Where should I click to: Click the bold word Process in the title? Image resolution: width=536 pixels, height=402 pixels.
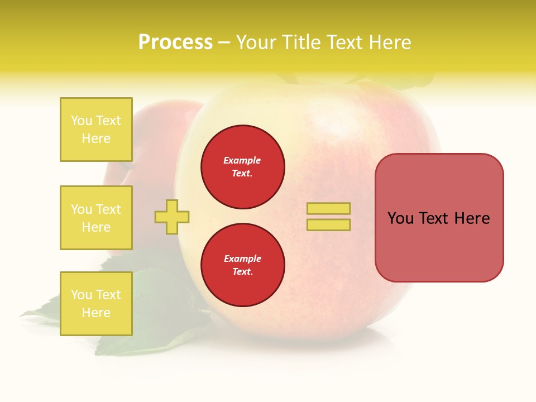tap(175, 42)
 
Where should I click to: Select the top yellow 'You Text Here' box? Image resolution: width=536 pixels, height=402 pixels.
tap(96, 130)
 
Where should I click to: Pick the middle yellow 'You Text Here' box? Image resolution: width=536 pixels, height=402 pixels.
tap(96, 218)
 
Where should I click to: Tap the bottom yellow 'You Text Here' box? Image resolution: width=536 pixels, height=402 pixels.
tap(96, 303)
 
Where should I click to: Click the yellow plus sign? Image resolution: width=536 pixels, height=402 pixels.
tap(172, 217)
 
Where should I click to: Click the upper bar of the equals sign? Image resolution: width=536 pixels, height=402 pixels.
tap(328, 208)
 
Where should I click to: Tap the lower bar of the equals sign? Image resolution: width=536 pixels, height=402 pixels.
tap(328, 224)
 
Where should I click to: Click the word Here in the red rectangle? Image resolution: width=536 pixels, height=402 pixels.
tap(472, 218)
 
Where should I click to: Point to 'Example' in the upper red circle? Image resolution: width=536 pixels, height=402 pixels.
tap(242, 160)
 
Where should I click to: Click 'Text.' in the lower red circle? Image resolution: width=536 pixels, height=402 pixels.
tap(242, 271)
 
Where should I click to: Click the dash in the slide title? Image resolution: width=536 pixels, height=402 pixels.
tap(224, 42)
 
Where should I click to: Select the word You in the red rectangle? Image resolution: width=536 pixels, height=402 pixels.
tap(400, 218)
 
